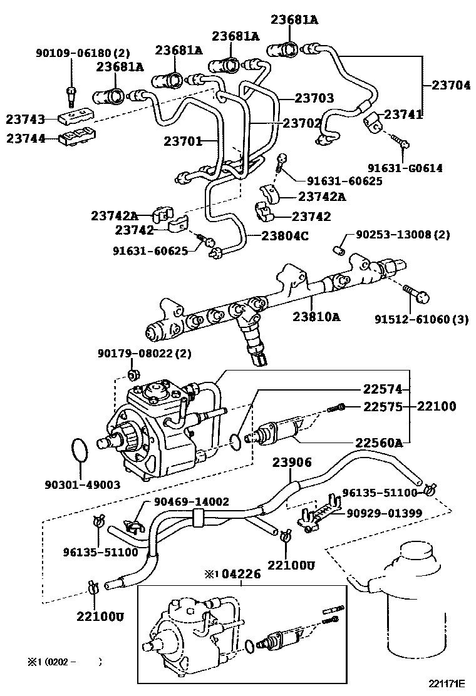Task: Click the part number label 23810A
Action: (316, 317)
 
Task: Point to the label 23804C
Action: (285, 235)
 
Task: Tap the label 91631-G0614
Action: (405, 168)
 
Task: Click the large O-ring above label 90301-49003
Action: (80, 452)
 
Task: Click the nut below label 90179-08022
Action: (132, 375)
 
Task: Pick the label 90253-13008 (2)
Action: (403, 235)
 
